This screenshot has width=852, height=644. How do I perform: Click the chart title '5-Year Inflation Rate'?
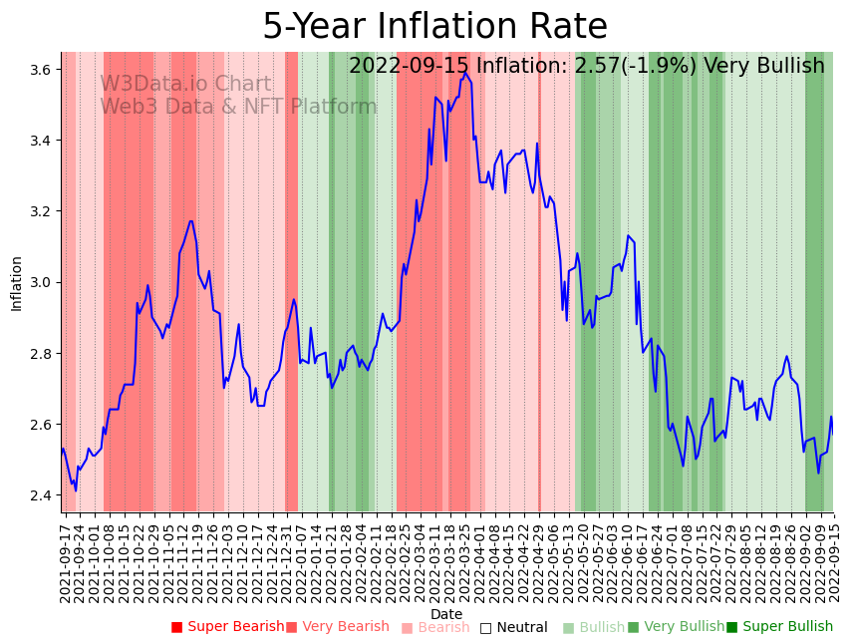click(x=434, y=27)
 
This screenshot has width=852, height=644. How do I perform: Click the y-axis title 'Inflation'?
click(x=17, y=283)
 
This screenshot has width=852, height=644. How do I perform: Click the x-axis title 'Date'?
click(x=446, y=614)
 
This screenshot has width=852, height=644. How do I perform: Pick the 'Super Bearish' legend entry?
click(x=227, y=627)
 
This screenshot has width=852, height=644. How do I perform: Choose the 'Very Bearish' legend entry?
click(x=338, y=627)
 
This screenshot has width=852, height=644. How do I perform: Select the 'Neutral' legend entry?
click(x=513, y=628)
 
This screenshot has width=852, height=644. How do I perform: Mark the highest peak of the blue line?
click(x=464, y=73)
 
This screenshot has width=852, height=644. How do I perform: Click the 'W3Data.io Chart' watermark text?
click(x=185, y=85)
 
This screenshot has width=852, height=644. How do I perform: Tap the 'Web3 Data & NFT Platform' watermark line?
click(x=238, y=107)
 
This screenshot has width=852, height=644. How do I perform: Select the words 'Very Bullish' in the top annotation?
click(x=763, y=67)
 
